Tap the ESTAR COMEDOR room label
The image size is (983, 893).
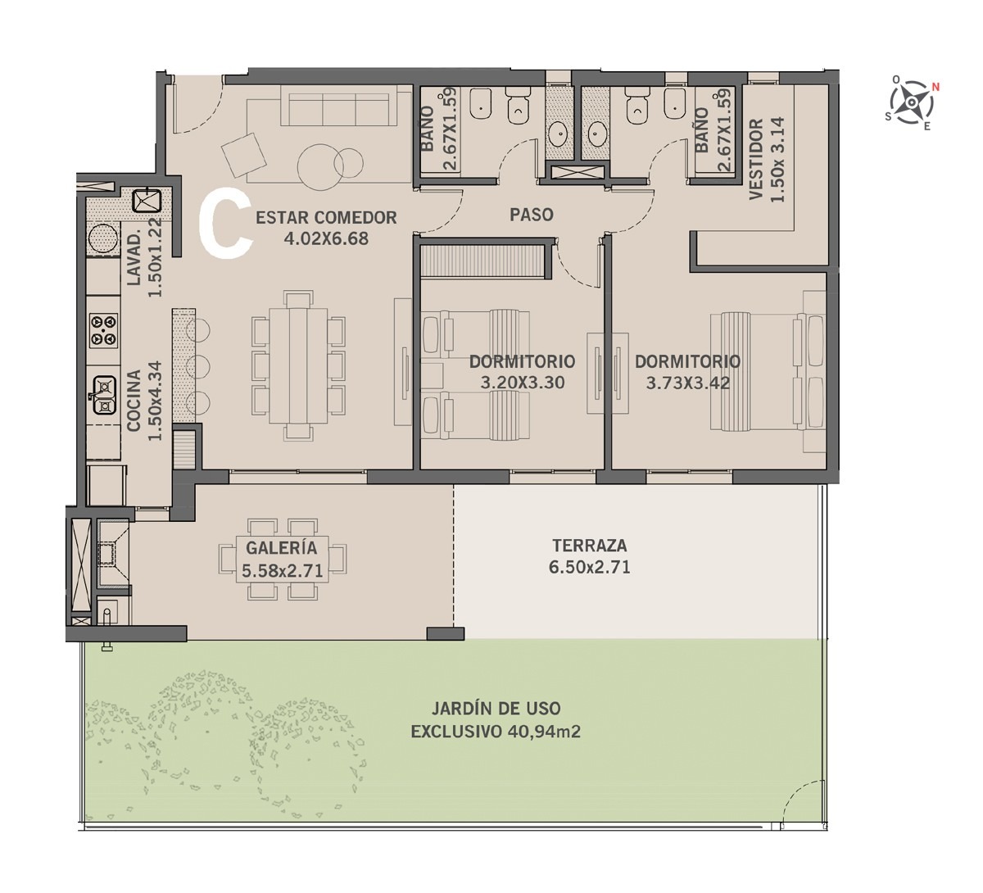(x=326, y=218)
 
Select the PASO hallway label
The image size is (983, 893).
(x=532, y=215)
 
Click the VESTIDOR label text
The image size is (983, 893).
(x=757, y=159)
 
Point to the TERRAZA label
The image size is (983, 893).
(x=590, y=546)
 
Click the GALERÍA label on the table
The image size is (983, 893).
(x=281, y=547)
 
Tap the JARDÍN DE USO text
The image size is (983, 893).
(x=496, y=708)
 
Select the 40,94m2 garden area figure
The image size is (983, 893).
(x=544, y=732)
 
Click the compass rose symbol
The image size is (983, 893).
(x=912, y=102)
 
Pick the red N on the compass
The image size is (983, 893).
(x=935, y=87)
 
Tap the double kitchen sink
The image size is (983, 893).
(x=104, y=396)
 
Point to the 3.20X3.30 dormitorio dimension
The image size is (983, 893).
(x=523, y=383)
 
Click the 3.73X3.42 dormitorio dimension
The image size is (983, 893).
(x=687, y=383)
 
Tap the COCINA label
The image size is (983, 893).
(x=134, y=401)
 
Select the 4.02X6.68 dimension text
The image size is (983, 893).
(x=326, y=238)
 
